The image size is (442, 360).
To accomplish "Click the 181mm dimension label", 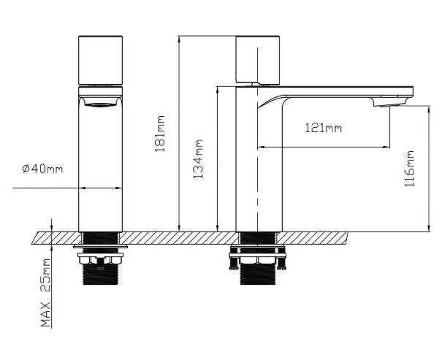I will click(161, 133).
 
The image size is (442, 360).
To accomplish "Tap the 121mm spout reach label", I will click(322, 129).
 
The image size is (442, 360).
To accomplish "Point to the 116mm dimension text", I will click(410, 169).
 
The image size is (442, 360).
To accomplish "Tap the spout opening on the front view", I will click(100, 104).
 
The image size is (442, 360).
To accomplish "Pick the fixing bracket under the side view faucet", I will click(256, 260).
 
